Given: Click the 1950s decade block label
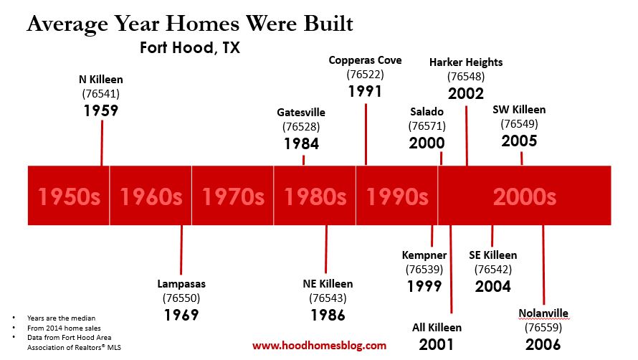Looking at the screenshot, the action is [x=69, y=196].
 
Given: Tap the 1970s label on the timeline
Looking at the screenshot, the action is [x=233, y=196].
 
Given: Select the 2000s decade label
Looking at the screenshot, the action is [x=525, y=196].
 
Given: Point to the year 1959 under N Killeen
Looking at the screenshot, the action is [x=101, y=110].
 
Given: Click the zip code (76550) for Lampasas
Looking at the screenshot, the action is [x=181, y=298].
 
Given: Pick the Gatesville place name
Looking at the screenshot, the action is [x=301, y=113].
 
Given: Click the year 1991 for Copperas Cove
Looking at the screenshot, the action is [x=365, y=91].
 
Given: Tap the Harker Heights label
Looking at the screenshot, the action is [x=466, y=62].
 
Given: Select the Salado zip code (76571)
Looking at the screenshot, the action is [x=427, y=126].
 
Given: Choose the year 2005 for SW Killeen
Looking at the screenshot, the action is [x=519, y=141].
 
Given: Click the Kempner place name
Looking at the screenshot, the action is [x=424, y=255].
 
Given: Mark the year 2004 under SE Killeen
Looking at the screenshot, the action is [x=492, y=286].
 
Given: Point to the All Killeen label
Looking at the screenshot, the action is [x=437, y=328].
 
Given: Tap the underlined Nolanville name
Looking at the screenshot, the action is [x=543, y=313].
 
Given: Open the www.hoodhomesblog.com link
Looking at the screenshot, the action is [x=320, y=346].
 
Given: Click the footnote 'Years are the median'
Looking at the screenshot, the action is [x=62, y=318].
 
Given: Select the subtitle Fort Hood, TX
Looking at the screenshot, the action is [x=190, y=47].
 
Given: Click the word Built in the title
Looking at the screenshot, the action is [x=328, y=23].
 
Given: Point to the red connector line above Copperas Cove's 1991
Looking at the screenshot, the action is [x=366, y=134].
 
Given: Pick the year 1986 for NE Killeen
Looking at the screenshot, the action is [x=328, y=316].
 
